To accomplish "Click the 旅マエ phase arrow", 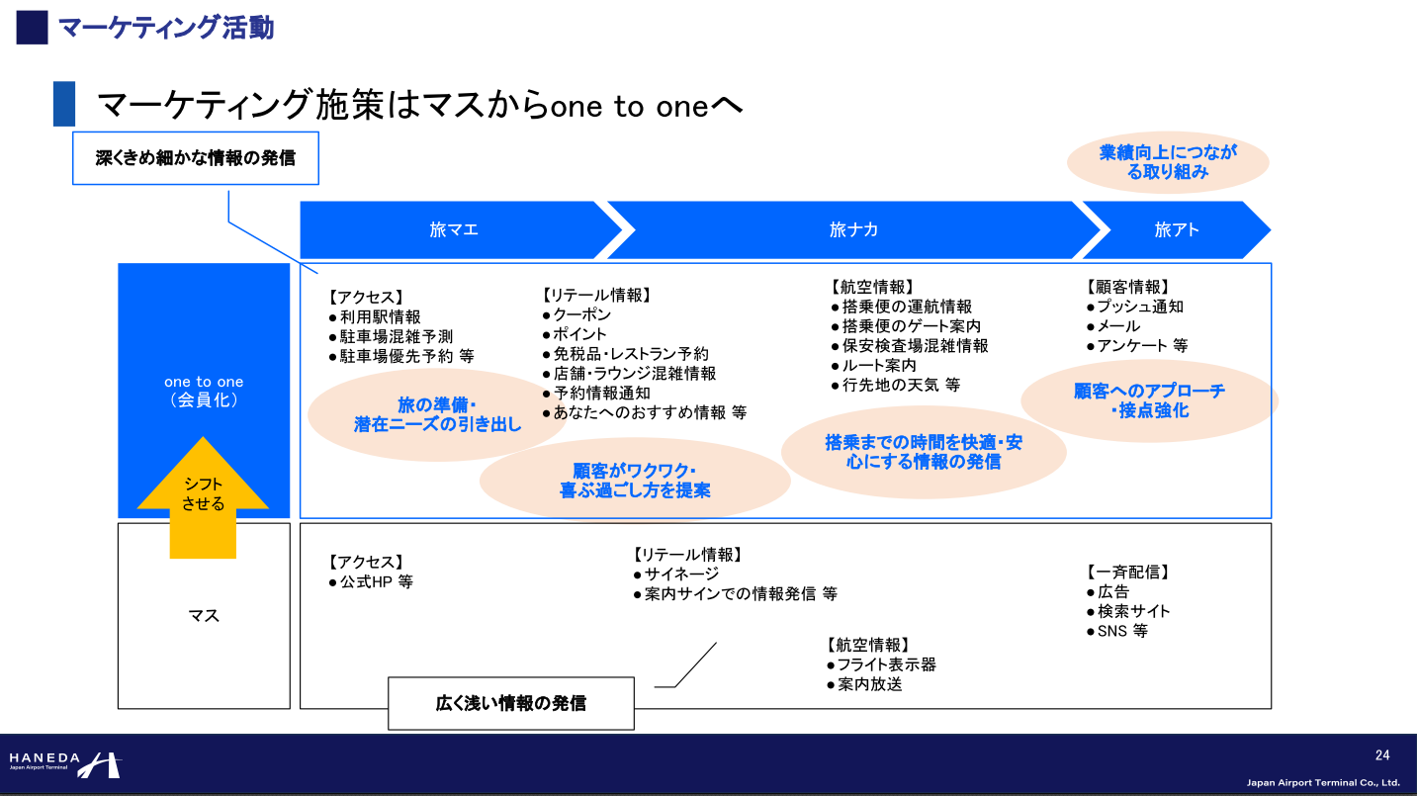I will coord(455,229).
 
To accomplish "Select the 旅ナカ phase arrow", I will coord(852,229).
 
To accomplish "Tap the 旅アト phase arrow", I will coord(1175,229).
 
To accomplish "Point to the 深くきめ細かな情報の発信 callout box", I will coord(196,157).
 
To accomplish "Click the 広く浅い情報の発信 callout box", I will coord(510,703).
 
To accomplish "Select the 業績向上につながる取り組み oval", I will coord(1168,162).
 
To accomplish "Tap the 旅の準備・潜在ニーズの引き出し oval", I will coord(437,415).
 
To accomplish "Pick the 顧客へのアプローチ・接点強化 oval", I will coord(1149,399).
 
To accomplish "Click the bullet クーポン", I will coord(581,314).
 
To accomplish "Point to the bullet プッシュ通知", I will coord(1139,307).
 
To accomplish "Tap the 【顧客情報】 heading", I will coord(1127,287).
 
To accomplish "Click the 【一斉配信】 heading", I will coord(1127,572).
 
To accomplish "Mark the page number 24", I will coord(1382,755).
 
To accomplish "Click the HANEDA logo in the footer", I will coord(64,763).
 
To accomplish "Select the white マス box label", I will coord(204,616).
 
